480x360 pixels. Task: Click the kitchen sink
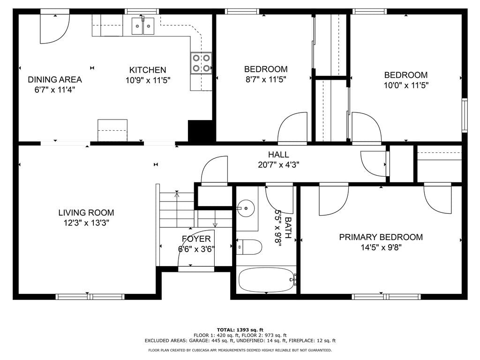pyautogui.click(x=143, y=26)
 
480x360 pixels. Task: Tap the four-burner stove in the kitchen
pyautogui.click(x=201, y=63)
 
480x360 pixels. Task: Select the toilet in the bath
pyautogui.click(x=249, y=247)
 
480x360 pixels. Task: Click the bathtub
pyautogui.click(x=267, y=280)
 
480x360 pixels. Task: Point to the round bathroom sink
pyautogui.click(x=246, y=208)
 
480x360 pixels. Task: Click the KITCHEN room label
pyautogui.click(x=148, y=70)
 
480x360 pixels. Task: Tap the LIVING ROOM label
pyautogui.click(x=86, y=212)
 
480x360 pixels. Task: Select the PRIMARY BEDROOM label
pyautogui.click(x=381, y=237)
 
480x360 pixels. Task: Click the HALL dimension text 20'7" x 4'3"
pyautogui.click(x=278, y=165)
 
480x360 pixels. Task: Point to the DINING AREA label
pyautogui.click(x=55, y=80)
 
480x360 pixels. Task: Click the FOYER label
pyautogui.click(x=196, y=239)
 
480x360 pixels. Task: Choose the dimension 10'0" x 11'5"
pyautogui.click(x=406, y=85)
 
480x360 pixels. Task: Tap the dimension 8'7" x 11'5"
pyautogui.click(x=266, y=80)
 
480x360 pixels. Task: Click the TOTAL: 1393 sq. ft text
pyautogui.click(x=240, y=330)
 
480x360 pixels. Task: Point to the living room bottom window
pyautogui.click(x=90, y=296)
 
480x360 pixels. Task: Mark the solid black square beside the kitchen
pyautogui.click(x=200, y=131)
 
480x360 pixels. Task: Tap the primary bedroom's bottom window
pyautogui.click(x=386, y=296)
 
